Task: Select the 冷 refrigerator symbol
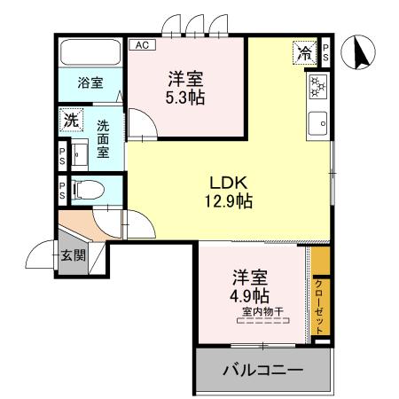(x=303, y=52)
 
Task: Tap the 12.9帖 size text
(x=227, y=202)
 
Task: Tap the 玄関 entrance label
(x=73, y=257)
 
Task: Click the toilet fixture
(x=87, y=189)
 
